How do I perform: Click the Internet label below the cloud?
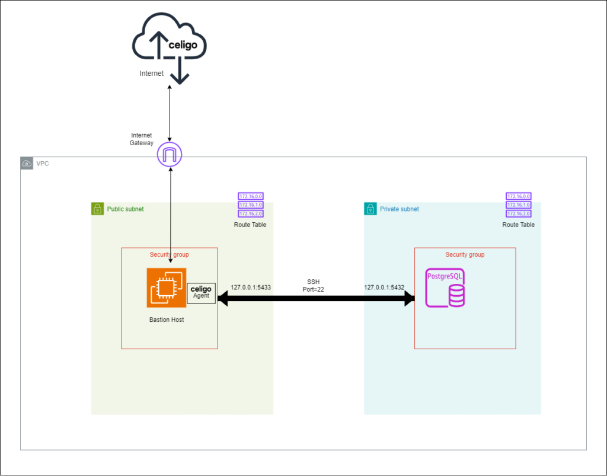tap(152, 74)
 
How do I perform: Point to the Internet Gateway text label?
tap(142, 139)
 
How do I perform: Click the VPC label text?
tap(43, 163)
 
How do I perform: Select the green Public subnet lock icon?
tap(97, 209)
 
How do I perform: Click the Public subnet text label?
tap(125, 209)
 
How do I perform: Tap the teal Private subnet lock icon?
tap(370, 209)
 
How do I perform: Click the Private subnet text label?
tap(399, 209)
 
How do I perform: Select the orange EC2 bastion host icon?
tap(167, 288)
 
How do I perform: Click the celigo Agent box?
tap(201, 293)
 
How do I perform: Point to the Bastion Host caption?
tap(167, 320)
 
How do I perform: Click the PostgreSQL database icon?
tap(445, 288)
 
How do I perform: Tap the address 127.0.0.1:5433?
tap(251, 287)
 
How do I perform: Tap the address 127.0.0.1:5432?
tap(384, 287)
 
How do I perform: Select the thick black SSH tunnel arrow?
tap(316, 299)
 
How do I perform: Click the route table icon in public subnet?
tap(250, 205)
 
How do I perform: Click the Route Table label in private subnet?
tap(518, 225)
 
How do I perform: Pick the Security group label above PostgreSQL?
tap(465, 255)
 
